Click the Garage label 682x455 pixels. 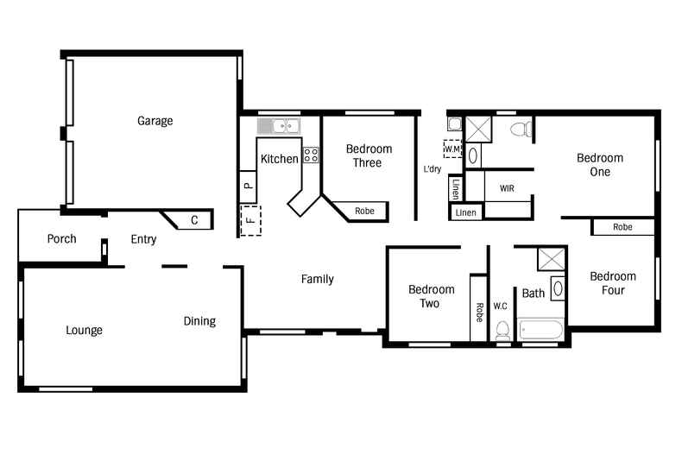(x=155, y=121)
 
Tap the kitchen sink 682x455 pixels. (x=278, y=126)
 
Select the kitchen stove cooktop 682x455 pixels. (x=311, y=155)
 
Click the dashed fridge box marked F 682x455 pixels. (x=249, y=220)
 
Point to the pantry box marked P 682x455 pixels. (x=248, y=185)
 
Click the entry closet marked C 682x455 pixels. (x=193, y=220)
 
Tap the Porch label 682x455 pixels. (x=61, y=239)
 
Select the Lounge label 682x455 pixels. (x=84, y=330)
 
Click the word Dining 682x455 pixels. (x=199, y=321)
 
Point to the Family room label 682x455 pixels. (x=317, y=279)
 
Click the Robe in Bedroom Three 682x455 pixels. (x=364, y=211)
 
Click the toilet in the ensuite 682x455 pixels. (x=520, y=130)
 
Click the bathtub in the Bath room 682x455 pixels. (x=540, y=330)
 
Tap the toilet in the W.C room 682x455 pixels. (x=502, y=330)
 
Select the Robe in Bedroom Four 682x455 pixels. (x=622, y=227)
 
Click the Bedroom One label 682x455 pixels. (x=600, y=165)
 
